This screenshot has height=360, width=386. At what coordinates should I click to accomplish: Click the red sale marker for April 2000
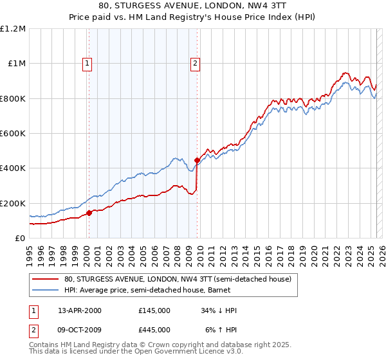[89, 213]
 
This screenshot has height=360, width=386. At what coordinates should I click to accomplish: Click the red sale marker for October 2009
[198, 160]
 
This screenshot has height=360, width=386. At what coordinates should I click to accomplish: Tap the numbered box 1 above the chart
[87, 63]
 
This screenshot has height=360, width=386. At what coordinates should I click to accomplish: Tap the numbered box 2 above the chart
[195, 63]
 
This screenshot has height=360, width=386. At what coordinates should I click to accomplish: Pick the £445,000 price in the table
[154, 330]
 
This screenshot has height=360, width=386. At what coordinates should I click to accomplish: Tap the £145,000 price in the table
[154, 310]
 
